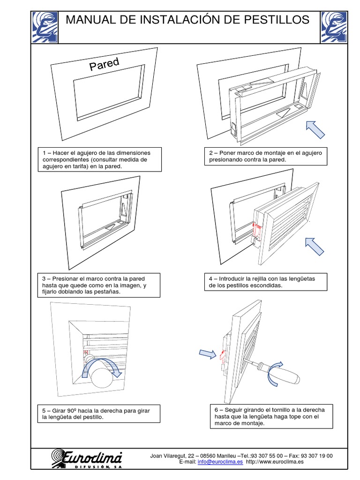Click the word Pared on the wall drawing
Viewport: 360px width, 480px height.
tap(104, 64)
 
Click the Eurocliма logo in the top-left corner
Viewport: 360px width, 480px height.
tap(45, 27)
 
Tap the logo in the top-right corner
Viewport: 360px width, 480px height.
tap(334, 27)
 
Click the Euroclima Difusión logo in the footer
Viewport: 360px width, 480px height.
tap(86, 458)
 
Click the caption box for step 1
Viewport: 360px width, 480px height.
tap(99, 159)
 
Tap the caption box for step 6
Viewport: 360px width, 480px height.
tap(272, 416)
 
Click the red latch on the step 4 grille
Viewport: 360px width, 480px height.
tap(256, 230)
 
